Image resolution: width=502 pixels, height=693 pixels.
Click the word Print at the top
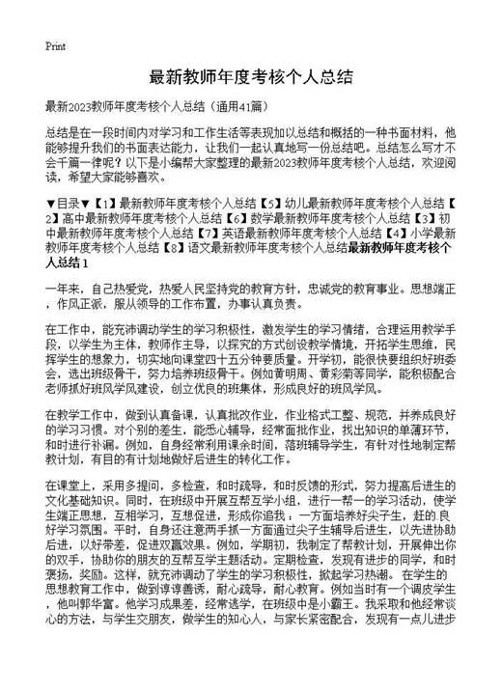[55, 44]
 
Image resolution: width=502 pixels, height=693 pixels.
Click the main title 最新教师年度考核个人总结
[250, 77]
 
